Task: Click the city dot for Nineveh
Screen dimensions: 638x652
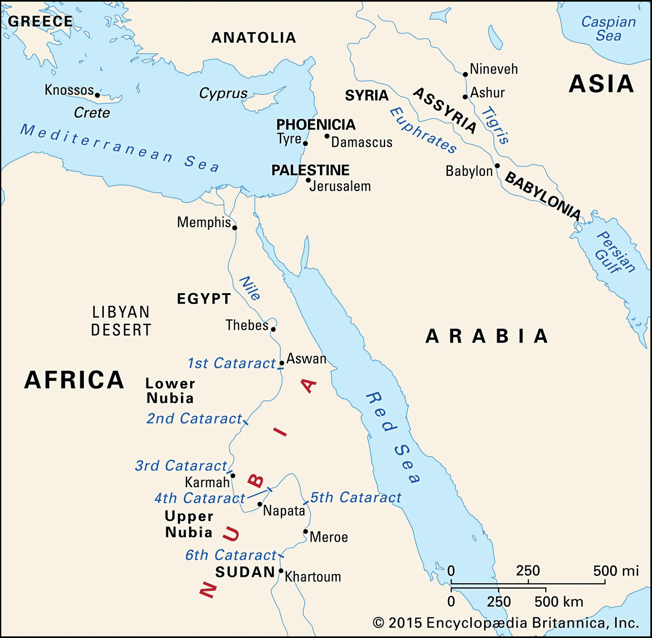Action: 465,74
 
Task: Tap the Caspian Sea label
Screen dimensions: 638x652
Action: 608,29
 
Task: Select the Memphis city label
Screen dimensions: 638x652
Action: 204,222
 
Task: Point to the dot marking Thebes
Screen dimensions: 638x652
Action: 273,330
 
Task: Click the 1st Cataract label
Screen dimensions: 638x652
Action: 231,363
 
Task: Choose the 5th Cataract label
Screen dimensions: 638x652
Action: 356,497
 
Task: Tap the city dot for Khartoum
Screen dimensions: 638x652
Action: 281,571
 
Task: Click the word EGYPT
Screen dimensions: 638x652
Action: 204,299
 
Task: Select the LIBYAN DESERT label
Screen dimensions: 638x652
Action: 121,321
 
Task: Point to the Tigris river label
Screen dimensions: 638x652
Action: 495,125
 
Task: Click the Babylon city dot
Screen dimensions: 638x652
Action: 497,166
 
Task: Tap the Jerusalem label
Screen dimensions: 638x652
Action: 340,186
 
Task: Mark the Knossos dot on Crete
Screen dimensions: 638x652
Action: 97,95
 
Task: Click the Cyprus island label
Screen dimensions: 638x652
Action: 223,93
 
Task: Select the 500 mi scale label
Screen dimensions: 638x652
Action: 616,571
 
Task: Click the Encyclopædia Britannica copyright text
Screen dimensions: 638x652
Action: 506,623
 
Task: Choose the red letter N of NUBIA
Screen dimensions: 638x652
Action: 208,590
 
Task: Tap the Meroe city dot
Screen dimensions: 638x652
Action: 305,532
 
